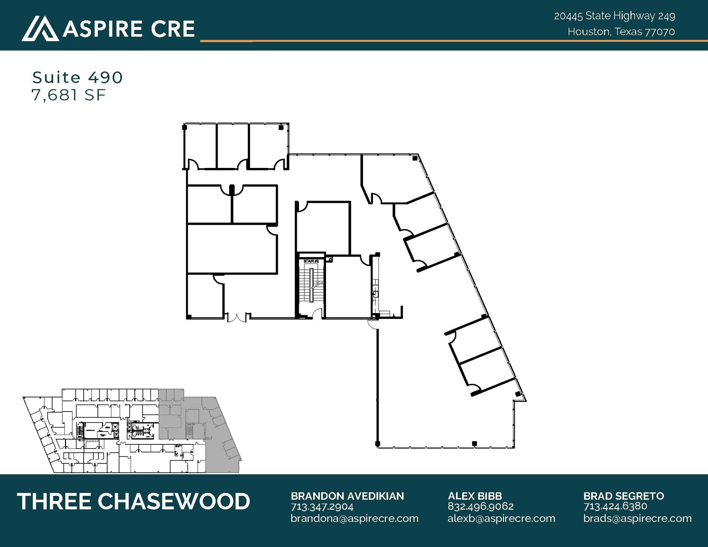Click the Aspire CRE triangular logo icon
(x=40, y=29)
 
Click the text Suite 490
(x=77, y=77)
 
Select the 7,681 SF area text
(x=68, y=95)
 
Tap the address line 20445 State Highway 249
(x=614, y=16)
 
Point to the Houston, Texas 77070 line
(x=621, y=32)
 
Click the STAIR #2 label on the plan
(x=311, y=261)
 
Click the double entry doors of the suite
(x=237, y=317)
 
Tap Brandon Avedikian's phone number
(x=322, y=507)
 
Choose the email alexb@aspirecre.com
(x=501, y=518)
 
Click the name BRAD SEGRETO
(x=624, y=496)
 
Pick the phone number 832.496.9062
(x=481, y=506)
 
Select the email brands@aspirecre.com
(x=637, y=518)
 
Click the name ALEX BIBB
(x=475, y=496)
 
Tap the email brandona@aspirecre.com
(x=354, y=518)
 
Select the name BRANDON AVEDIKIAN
(x=347, y=496)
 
